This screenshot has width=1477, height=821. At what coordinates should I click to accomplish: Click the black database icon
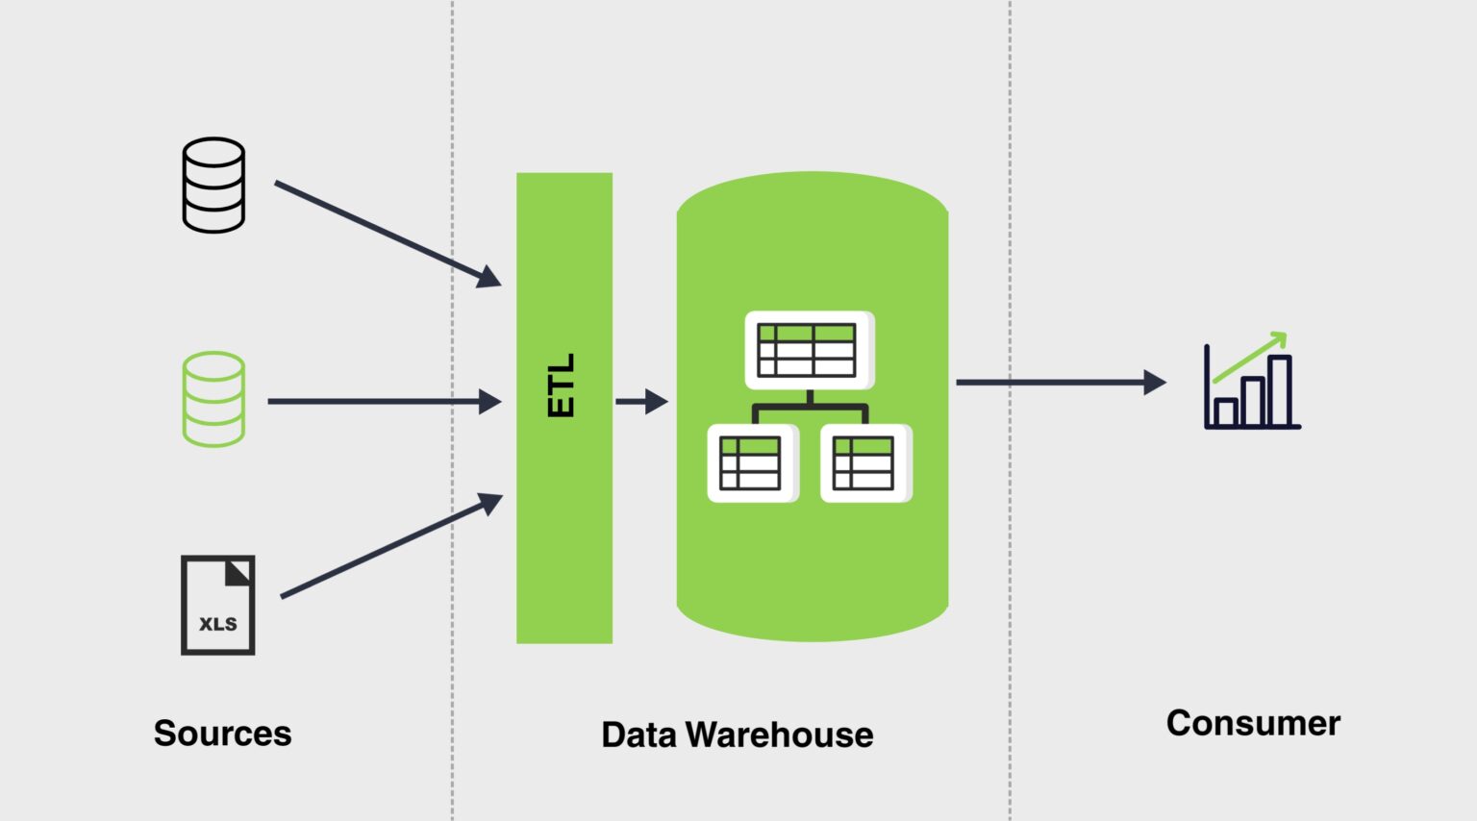coord(213,185)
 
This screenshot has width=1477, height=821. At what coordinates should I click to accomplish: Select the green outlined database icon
coord(213,399)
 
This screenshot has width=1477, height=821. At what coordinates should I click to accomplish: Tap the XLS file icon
coord(218,605)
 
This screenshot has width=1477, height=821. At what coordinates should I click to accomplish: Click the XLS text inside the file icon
coord(218,624)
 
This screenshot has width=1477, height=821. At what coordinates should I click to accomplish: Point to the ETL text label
coord(562,385)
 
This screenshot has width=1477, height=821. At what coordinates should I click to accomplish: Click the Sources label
coord(222,734)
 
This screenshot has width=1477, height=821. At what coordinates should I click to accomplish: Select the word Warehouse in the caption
coord(780,735)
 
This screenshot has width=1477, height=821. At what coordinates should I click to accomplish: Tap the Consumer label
coord(1253,723)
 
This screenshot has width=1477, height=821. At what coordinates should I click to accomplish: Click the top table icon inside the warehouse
coord(809,349)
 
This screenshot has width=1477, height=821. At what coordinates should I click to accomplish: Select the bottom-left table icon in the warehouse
coord(752,462)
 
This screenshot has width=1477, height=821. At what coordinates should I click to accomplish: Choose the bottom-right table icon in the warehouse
coord(864,462)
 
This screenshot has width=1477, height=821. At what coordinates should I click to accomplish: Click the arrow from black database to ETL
coord(385,233)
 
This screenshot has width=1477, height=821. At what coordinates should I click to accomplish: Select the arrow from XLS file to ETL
coord(389,546)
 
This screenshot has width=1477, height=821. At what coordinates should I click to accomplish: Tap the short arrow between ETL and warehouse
coord(641,401)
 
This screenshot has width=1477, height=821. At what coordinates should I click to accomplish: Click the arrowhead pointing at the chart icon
coord(1155,383)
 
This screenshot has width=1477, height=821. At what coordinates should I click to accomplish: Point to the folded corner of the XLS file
coord(238,573)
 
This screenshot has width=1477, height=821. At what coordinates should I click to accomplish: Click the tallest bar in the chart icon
coord(1279,391)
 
